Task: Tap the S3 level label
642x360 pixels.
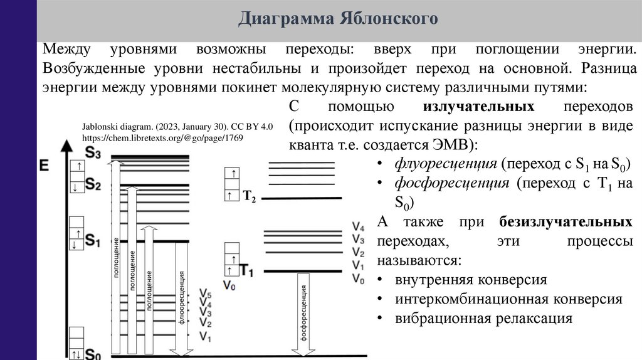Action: pos(93,152)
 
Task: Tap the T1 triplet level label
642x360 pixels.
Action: pos(246,271)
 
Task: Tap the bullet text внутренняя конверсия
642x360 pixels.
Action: pos(471,279)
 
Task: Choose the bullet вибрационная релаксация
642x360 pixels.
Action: pos(483,318)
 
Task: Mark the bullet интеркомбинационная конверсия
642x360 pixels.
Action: pos(508,299)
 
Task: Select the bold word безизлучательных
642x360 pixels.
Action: pos(566,221)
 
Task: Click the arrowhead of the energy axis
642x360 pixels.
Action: pos(65,146)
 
